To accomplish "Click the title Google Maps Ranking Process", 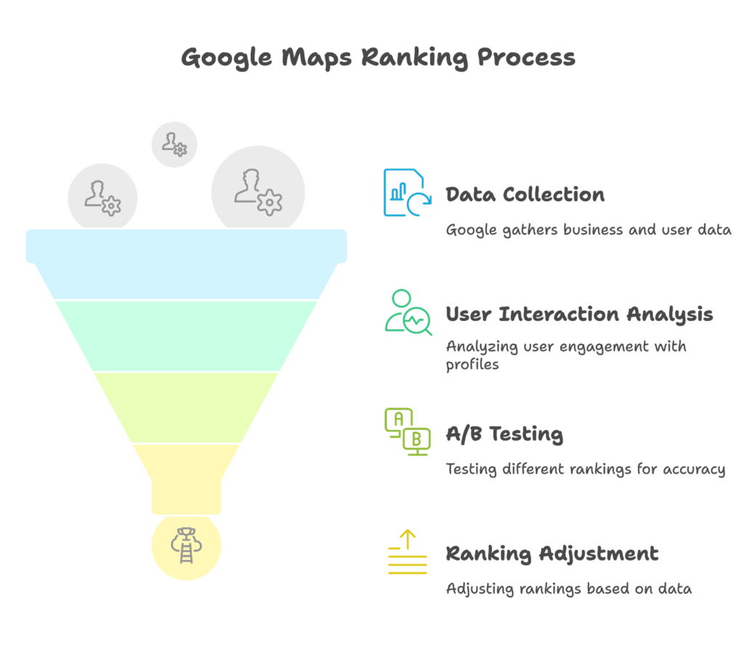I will pos(378,57).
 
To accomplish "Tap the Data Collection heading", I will pos(525,195).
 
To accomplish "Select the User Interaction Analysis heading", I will pos(579,315).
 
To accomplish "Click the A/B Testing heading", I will pos(504,434).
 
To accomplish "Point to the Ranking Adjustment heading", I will pos(551,554).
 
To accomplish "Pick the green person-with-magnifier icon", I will pos(407,313).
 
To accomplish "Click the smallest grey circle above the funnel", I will pos(174,144).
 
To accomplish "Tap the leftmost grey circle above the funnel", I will pos(102,196).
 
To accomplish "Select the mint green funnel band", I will pos(187,334).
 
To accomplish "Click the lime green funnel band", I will pos(187,407).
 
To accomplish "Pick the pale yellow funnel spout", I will pos(187,476).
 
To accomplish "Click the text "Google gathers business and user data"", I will pos(588,230).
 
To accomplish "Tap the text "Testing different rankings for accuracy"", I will pos(585,469).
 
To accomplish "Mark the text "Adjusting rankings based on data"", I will pos(568,588).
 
